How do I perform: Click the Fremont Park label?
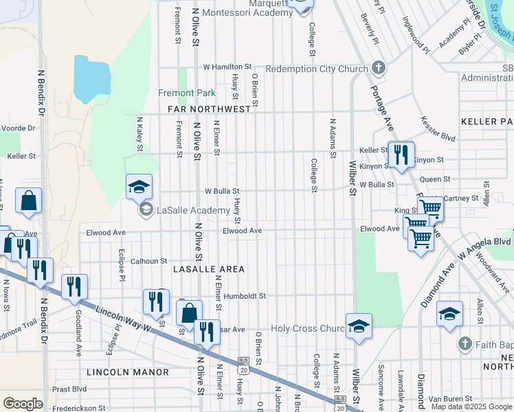(187, 93)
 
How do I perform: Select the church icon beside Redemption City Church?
(378, 68)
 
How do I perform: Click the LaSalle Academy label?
(192, 210)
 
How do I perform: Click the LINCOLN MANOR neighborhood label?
(128, 372)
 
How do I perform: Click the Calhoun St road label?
(149, 261)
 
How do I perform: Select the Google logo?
(23, 404)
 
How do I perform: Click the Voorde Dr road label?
(18, 128)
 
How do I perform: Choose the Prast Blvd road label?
(69, 389)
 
